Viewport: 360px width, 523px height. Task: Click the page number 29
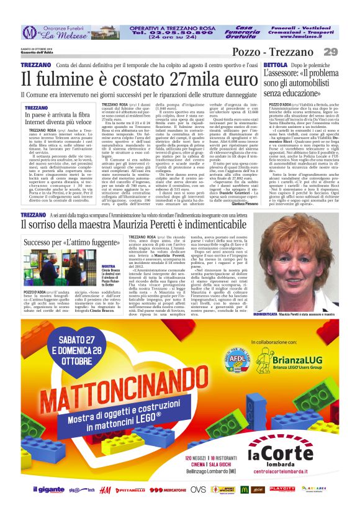[x=331, y=52]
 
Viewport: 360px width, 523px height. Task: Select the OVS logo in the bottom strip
[x=199, y=490]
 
